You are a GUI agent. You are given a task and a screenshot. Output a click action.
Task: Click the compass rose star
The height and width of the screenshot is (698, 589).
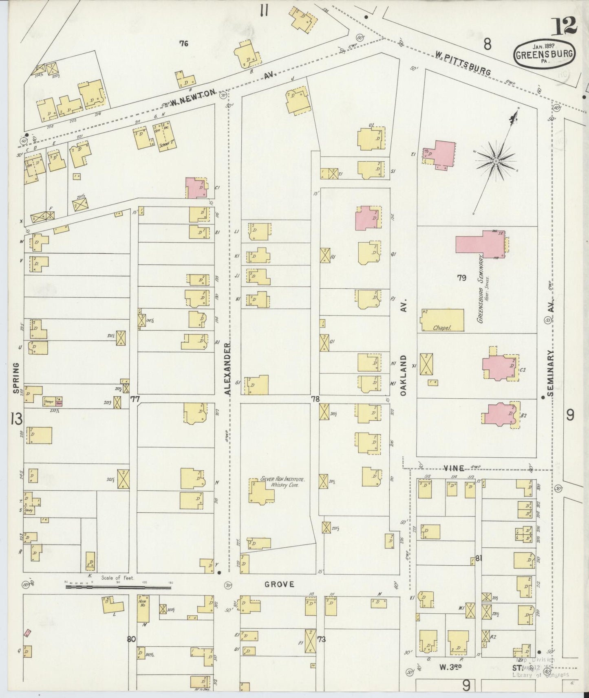tap(496, 161)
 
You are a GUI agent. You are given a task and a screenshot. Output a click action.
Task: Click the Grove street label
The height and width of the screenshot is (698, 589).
tap(279, 584)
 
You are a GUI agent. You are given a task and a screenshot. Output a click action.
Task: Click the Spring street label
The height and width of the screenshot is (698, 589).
tap(17, 379)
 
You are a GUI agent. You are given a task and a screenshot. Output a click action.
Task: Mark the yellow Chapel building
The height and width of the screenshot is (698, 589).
tap(442, 320)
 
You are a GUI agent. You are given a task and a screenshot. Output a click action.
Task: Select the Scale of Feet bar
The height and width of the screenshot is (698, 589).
tap(118, 587)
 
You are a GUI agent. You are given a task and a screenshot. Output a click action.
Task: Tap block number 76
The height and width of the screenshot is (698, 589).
tap(184, 43)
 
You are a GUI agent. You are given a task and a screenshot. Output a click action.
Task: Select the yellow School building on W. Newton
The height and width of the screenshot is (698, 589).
tap(164, 137)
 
